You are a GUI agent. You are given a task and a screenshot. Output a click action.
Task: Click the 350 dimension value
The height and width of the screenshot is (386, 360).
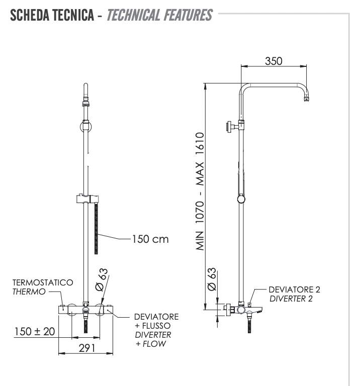[x=274, y=60]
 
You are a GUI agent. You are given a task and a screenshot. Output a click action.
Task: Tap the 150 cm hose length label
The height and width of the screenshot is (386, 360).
[x=150, y=238]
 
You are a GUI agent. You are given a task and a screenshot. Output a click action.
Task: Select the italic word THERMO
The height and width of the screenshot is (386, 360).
[x=29, y=292]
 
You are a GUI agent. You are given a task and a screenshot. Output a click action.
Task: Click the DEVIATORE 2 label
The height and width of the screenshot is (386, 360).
[x=295, y=289]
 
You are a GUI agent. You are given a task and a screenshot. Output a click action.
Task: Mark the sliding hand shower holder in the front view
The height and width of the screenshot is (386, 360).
[x=85, y=199]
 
